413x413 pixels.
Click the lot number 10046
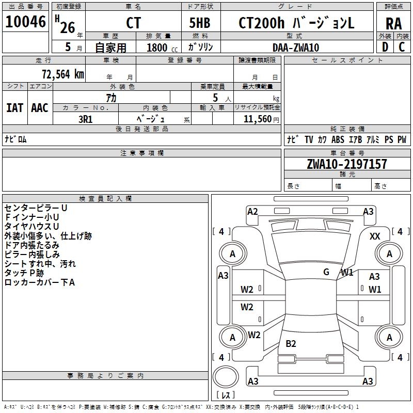pos(26,23)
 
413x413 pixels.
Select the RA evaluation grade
pos(393,23)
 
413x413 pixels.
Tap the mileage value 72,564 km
pos(63,74)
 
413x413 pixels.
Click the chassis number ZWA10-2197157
pos(347,164)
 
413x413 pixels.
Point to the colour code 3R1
pos(85,118)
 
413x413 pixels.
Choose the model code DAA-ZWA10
pos(296,47)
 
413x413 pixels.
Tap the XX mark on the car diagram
pos(375,236)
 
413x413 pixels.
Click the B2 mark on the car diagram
pos(291,344)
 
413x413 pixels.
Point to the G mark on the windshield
pos(326,272)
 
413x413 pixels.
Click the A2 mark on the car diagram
pos(252,211)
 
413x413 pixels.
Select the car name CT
pos(133,23)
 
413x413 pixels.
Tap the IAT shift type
pos(14,108)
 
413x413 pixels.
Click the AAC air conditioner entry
pos(40,108)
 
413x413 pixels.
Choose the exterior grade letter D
pos(385,47)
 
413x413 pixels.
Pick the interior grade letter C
pos(402,47)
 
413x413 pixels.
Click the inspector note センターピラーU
pos(36,208)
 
